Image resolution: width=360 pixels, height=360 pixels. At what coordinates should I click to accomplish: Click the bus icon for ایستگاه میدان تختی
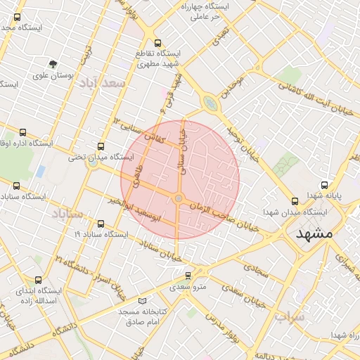[x=101, y=147]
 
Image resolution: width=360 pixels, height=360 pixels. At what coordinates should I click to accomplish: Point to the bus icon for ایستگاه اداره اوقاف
[x=23, y=131]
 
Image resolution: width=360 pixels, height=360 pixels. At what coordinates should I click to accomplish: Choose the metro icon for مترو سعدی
[x=188, y=275]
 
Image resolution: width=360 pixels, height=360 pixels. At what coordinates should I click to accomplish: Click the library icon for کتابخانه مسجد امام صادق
[x=143, y=301]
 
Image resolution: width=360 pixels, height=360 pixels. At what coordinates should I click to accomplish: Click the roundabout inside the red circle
[x=179, y=200]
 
